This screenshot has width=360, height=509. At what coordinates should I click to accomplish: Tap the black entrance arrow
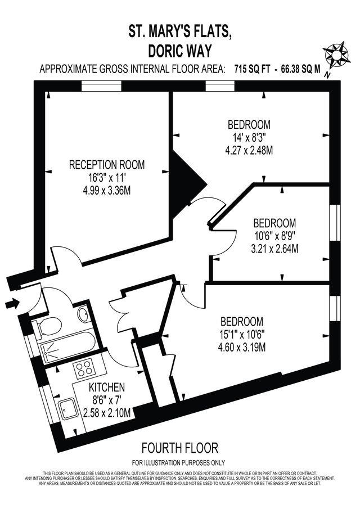(x=11, y=304)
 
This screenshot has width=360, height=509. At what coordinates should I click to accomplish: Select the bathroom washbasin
(x=83, y=314)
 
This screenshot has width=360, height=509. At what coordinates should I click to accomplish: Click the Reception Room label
(x=107, y=165)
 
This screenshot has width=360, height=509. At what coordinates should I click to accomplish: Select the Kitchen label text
(x=107, y=388)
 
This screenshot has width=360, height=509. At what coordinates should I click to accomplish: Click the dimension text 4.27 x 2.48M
(x=249, y=150)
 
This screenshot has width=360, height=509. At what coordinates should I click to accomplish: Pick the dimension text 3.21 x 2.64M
(x=274, y=248)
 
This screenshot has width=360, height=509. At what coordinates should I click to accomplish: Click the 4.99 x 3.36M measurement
(x=107, y=191)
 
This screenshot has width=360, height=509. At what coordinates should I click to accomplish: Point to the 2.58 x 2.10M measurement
(x=107, y=413)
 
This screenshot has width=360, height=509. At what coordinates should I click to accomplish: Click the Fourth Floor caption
(x=179, y=448)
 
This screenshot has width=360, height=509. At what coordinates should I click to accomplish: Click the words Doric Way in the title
(x=179, y=51)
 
